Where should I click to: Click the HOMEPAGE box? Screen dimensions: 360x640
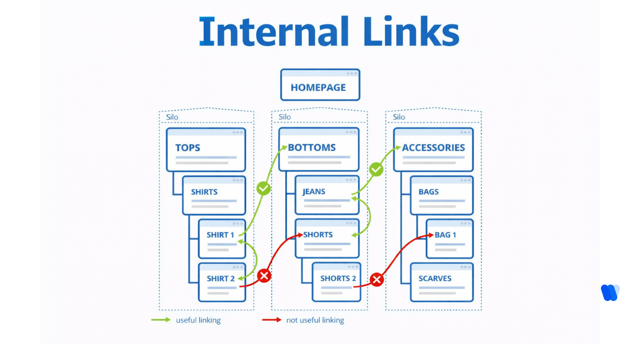point(320,85)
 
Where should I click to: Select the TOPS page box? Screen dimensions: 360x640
point(205,149)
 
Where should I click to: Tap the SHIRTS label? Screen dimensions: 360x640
point(204,192)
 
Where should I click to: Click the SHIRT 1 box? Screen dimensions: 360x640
point(222,238)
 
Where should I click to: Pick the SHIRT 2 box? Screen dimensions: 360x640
point(222,282)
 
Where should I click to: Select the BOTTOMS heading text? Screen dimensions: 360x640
point(311,147)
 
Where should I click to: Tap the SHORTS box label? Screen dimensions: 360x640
point(317,234)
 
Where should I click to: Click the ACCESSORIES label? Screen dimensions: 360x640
point(433,147)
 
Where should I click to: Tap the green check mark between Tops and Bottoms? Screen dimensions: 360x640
point(263,188)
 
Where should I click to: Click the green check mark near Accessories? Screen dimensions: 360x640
point(376,169)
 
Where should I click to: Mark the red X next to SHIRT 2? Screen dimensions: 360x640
point(264,275)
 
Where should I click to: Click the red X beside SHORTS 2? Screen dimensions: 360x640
point(377,279)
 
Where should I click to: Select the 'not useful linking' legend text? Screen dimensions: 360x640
point(315,320)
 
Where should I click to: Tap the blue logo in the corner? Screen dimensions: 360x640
point(610,292)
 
